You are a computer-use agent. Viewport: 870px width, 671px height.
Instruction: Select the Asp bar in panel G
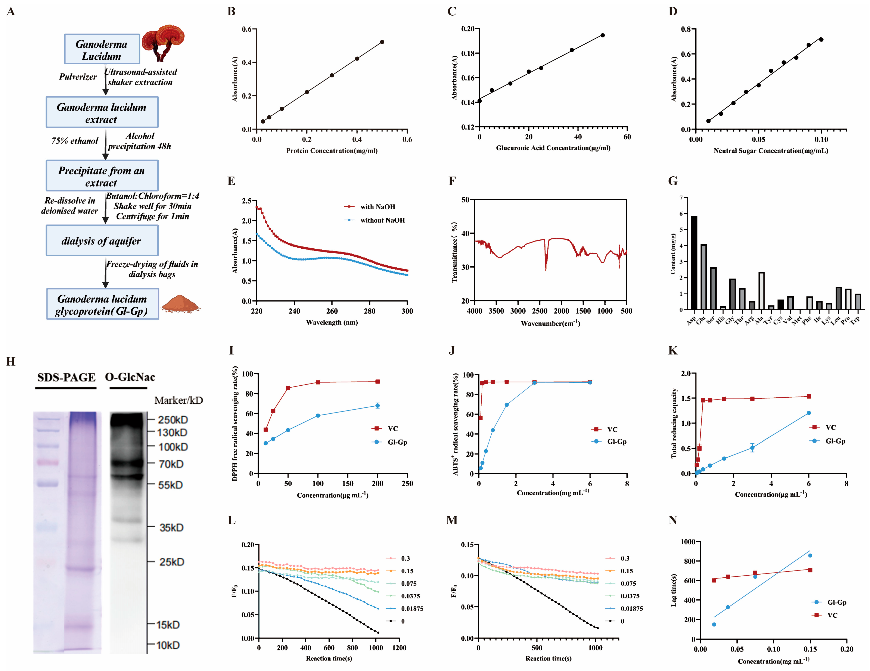point(694,263)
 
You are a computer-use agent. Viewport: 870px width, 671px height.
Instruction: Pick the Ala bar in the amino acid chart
point(761,291)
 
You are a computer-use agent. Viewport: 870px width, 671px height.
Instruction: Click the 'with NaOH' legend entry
point(370,207)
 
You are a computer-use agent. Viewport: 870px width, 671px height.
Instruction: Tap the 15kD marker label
point(168,625)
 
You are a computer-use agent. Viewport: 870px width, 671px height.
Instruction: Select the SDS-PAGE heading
point(66,377)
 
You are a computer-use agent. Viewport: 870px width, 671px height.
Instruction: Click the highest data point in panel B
point(382,42)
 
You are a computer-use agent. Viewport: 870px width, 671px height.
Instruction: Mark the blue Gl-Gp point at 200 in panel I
point(377,406)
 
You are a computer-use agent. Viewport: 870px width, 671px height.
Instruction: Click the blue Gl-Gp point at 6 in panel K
point(809,413)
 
